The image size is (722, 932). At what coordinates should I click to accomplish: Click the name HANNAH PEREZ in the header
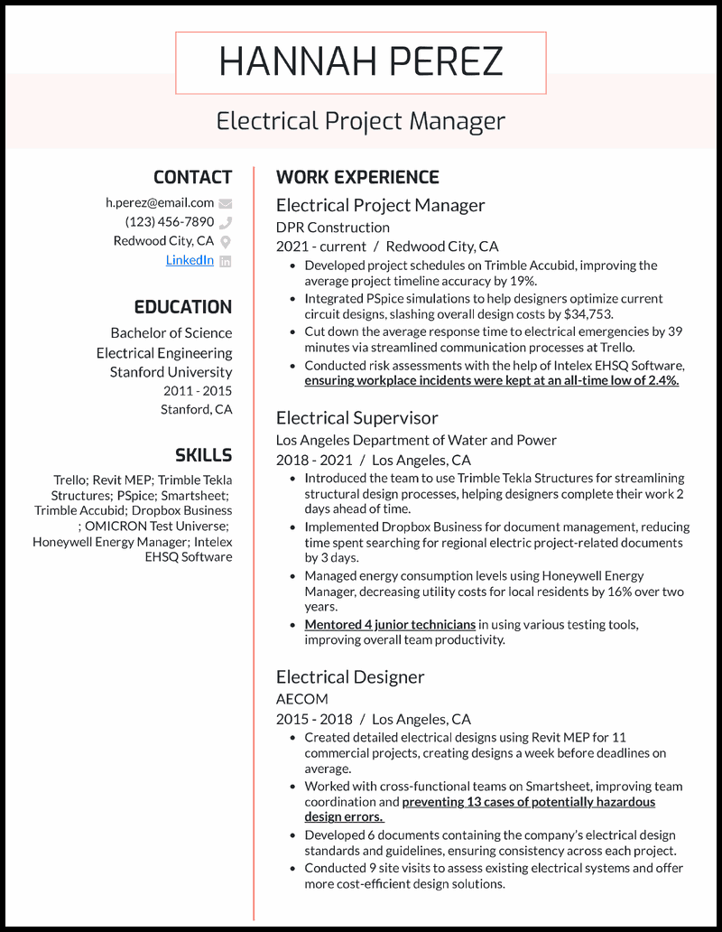360,62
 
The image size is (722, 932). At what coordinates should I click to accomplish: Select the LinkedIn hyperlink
190,260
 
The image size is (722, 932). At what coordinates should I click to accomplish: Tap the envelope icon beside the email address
226,203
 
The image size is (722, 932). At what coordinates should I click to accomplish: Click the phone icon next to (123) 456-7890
226,222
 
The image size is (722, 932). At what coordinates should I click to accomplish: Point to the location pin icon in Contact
226,241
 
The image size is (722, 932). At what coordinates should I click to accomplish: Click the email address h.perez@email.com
160,202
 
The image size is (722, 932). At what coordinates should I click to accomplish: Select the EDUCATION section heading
183,307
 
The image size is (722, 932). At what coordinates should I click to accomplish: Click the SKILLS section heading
203,455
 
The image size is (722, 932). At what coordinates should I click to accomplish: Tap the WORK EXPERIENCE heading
357,177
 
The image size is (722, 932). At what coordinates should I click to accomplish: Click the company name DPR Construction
333,227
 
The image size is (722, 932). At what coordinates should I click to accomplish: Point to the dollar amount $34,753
583,314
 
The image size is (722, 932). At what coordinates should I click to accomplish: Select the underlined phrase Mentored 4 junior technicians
390,624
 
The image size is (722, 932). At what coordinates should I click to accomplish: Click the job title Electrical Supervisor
357,418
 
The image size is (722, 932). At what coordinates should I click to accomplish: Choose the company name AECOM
302,698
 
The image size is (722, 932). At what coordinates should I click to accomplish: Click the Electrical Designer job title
350,676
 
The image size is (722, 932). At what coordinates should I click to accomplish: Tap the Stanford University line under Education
171,371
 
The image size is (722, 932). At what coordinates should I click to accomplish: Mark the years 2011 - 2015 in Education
198,391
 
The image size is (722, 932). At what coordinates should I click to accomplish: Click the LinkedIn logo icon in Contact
226,261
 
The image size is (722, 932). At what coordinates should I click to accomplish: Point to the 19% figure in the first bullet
522,282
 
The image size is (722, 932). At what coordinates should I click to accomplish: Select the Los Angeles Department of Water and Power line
416,440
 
